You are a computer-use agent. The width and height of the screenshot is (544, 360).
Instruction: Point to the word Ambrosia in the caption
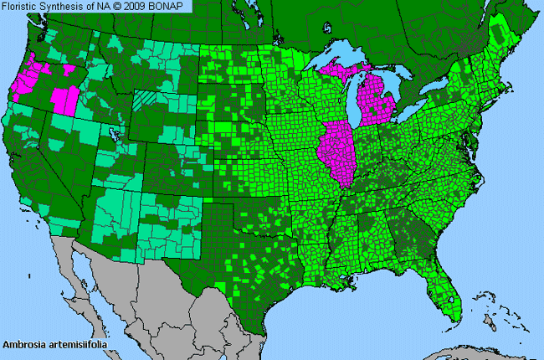[x=23, y=343]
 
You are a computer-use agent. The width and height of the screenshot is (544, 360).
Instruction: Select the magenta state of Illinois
[x=335, y=156]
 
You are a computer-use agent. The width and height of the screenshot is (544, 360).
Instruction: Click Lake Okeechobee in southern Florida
[x=452, y=298]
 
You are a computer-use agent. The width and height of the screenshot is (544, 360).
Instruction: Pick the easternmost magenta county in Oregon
[x=64, y=98]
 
